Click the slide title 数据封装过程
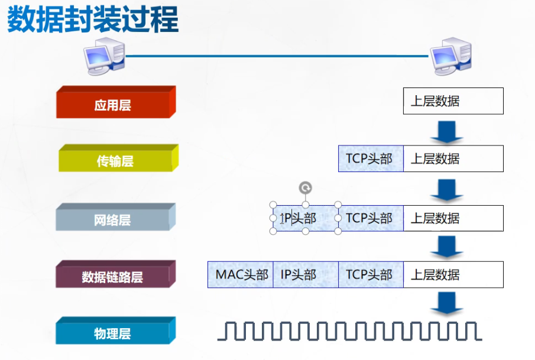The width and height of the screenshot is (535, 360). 93,20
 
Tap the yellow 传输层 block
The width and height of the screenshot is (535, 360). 115,161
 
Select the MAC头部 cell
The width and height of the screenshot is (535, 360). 241,275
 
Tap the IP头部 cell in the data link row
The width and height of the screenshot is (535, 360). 305,275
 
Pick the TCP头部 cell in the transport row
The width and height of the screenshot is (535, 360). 371,158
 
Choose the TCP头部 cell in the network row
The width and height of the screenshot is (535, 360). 371,218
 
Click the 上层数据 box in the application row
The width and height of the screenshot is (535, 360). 453,101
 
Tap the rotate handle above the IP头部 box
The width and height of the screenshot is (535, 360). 305,189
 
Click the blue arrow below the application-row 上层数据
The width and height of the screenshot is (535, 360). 447,131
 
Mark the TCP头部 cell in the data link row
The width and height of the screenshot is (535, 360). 371,275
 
